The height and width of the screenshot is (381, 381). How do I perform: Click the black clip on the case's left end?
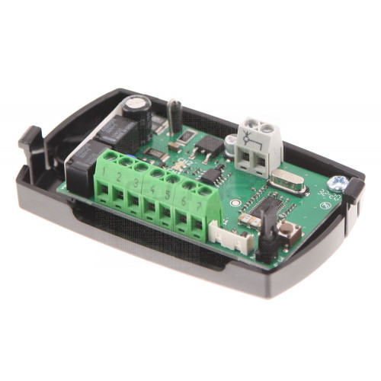30,141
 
